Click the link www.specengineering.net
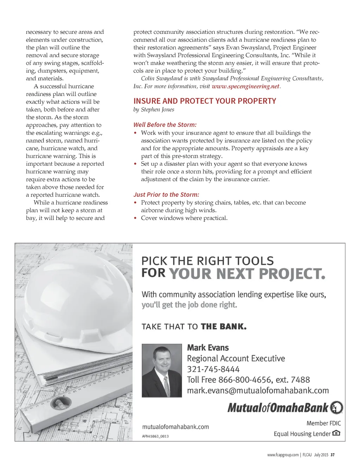[245, 86]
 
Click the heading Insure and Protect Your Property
[205, 101]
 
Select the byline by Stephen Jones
[154, 110]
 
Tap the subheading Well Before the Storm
[165, 125]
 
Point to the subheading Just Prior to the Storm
[166, 195]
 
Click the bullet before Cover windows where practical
[135, 218]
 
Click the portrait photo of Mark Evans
[162, 370]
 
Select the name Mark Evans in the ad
[208, 348]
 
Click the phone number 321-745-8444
[213, 369]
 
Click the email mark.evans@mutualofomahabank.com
[258, 391]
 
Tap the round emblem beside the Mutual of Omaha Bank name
[336, 408]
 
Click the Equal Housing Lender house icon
[336, 433]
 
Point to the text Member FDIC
[323, 423]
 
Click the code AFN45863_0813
[155, 436]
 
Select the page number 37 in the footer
[333, 455]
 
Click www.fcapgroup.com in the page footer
[283, 455]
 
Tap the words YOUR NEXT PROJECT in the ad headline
[247, 274]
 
